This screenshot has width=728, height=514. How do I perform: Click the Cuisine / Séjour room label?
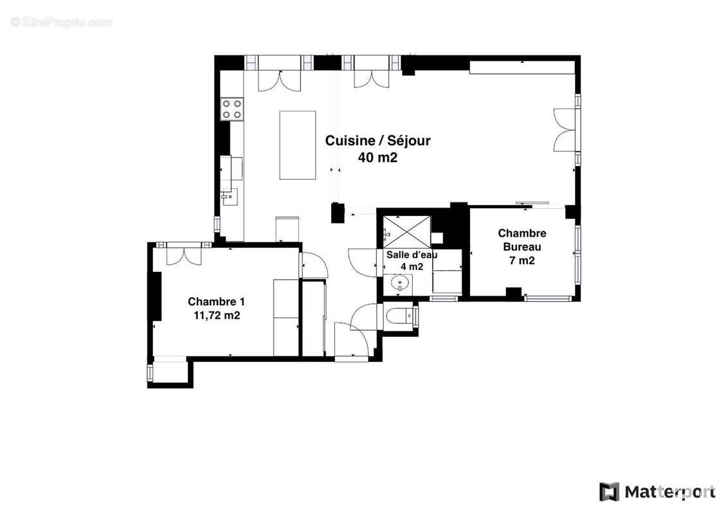click(x=378, y=141)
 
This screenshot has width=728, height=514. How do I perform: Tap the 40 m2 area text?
click(x=378, y=157)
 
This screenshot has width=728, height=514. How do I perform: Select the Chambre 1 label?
click(x=216, y=301)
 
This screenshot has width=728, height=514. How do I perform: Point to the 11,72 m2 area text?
click(x=217, y=315)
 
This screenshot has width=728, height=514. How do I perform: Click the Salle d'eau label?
click(x=412, y=254)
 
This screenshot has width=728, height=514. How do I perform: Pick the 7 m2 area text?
click(x=522, y=261)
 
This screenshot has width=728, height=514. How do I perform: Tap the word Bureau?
click(x=522, y=247)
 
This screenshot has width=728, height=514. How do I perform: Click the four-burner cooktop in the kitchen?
click(x=232, y=109)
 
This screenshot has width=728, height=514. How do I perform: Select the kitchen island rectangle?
click(x=298, y=145)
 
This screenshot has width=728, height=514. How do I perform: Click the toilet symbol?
click(x=399, y=316)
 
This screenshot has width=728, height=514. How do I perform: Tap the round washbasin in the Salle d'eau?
click(x=398, y=284)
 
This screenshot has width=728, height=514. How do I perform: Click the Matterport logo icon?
click(x=608, y=492)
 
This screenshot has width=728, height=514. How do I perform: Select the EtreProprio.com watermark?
click(x=61, y=22)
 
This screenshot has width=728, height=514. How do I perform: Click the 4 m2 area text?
click(x=412, y=267)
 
